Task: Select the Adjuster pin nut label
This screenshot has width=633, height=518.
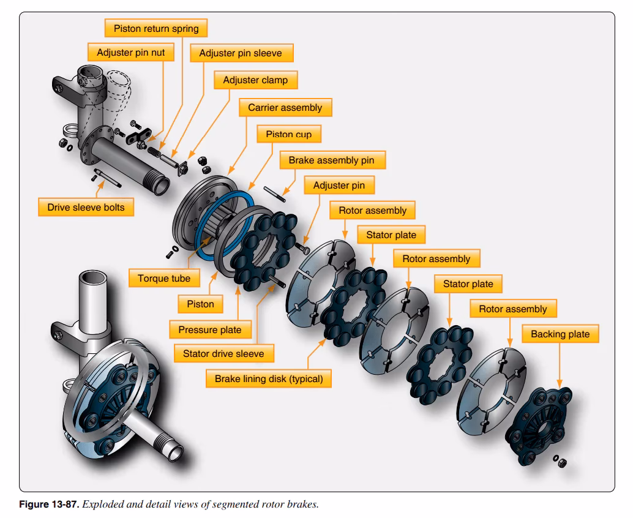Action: point(131,53)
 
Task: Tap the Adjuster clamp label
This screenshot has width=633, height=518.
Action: point(255,80)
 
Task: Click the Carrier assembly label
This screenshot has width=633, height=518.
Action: point(285,108)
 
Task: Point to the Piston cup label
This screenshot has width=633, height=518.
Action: point(288,135)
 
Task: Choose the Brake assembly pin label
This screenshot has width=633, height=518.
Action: point(331,160)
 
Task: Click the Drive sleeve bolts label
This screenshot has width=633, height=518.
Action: point(86,208)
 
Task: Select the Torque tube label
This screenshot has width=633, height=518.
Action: point(164,278)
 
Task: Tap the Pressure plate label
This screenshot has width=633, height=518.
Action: point(210,329)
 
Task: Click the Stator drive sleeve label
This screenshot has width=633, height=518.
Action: point(223,353)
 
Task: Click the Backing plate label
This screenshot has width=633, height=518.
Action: point(560,334)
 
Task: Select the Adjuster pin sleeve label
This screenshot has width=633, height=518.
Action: point(241,53)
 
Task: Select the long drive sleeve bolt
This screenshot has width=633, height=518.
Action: point(110,179)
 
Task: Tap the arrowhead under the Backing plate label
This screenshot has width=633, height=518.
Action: point(560,383)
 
